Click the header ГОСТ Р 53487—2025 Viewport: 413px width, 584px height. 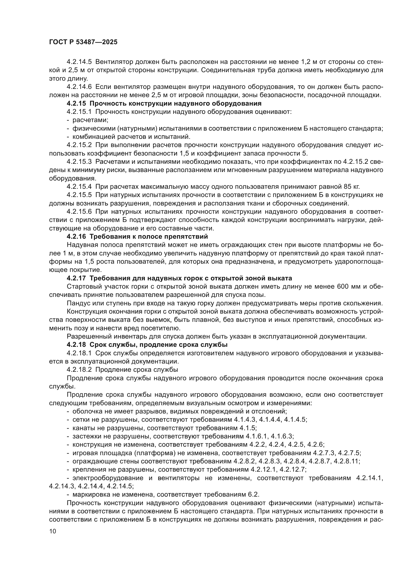tap(83, 42)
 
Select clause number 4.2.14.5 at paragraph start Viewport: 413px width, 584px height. tap(79, 62)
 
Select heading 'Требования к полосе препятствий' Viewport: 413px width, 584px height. tap(149, 236)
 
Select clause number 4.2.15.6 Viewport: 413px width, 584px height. tap(79, 212)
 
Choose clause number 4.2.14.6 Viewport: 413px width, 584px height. tap(79, 87)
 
